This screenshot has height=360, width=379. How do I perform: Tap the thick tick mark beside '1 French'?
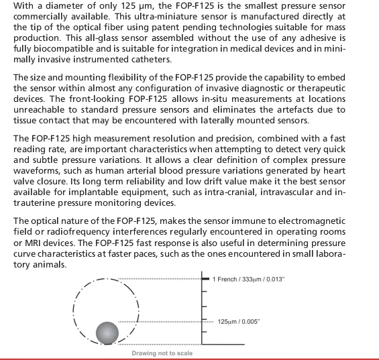click(x=204, y=278)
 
